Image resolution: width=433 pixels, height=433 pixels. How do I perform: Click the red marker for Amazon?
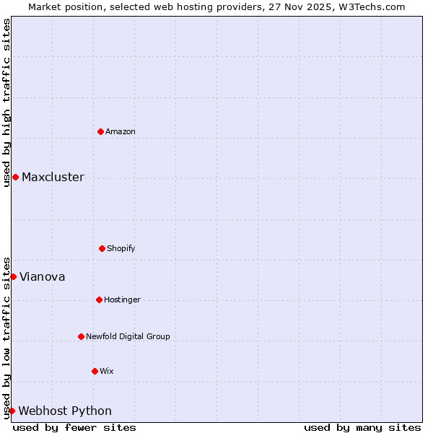[100, 131]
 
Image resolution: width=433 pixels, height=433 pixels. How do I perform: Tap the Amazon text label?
[121, 131]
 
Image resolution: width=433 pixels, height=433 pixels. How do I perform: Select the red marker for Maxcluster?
[15, 177]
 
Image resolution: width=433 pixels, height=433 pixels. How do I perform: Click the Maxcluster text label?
[53, 178]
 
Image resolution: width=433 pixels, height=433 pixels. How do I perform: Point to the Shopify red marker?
[102, 248]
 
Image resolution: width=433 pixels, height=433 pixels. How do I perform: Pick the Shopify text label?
[121, 249]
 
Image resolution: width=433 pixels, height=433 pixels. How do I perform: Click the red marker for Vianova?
[13, 276]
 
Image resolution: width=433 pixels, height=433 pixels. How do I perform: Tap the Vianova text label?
[42, 277]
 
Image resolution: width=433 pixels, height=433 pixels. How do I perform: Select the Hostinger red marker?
[99, 299]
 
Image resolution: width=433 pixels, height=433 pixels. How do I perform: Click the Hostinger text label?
[122, 300]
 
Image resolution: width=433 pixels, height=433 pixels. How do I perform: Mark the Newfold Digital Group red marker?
[81, 336]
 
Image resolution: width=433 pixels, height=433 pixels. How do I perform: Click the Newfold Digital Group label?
[128, 337]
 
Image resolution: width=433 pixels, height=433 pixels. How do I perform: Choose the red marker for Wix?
[95, 371]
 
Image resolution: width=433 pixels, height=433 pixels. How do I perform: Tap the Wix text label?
[107, 372]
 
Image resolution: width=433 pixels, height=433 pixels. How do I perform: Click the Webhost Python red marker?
[12, 411]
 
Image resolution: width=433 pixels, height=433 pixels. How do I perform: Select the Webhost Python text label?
[65, 411]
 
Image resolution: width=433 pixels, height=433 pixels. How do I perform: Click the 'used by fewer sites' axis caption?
[74, 427]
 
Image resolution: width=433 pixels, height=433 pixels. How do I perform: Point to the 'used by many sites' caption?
[362, 427]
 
